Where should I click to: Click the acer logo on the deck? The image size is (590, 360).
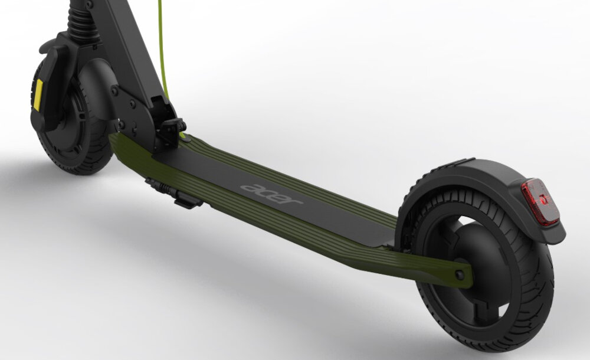(x=271, y=194)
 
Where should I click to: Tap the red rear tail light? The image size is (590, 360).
(x=540, y=201)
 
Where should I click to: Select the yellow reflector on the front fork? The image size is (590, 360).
(x=38, y=95)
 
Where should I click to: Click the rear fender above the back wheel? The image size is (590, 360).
(x=489, y=185)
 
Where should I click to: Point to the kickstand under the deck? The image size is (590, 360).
(x=175, y=194)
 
